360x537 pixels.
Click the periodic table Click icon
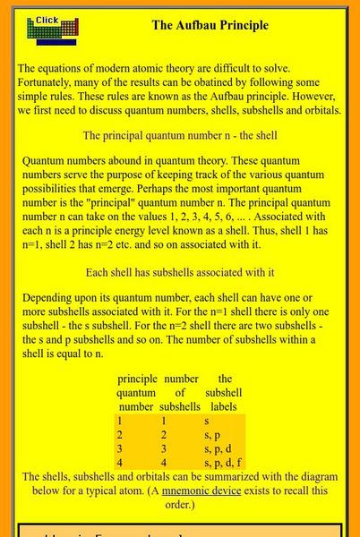51,30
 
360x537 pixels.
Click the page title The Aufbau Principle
210,25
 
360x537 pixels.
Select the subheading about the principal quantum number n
180,136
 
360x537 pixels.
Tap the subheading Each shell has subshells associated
179,247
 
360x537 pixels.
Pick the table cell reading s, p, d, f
223,462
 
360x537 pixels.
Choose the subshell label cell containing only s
207,419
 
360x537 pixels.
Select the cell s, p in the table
212,433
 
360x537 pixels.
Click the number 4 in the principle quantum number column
119,462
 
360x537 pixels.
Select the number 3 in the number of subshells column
166,447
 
